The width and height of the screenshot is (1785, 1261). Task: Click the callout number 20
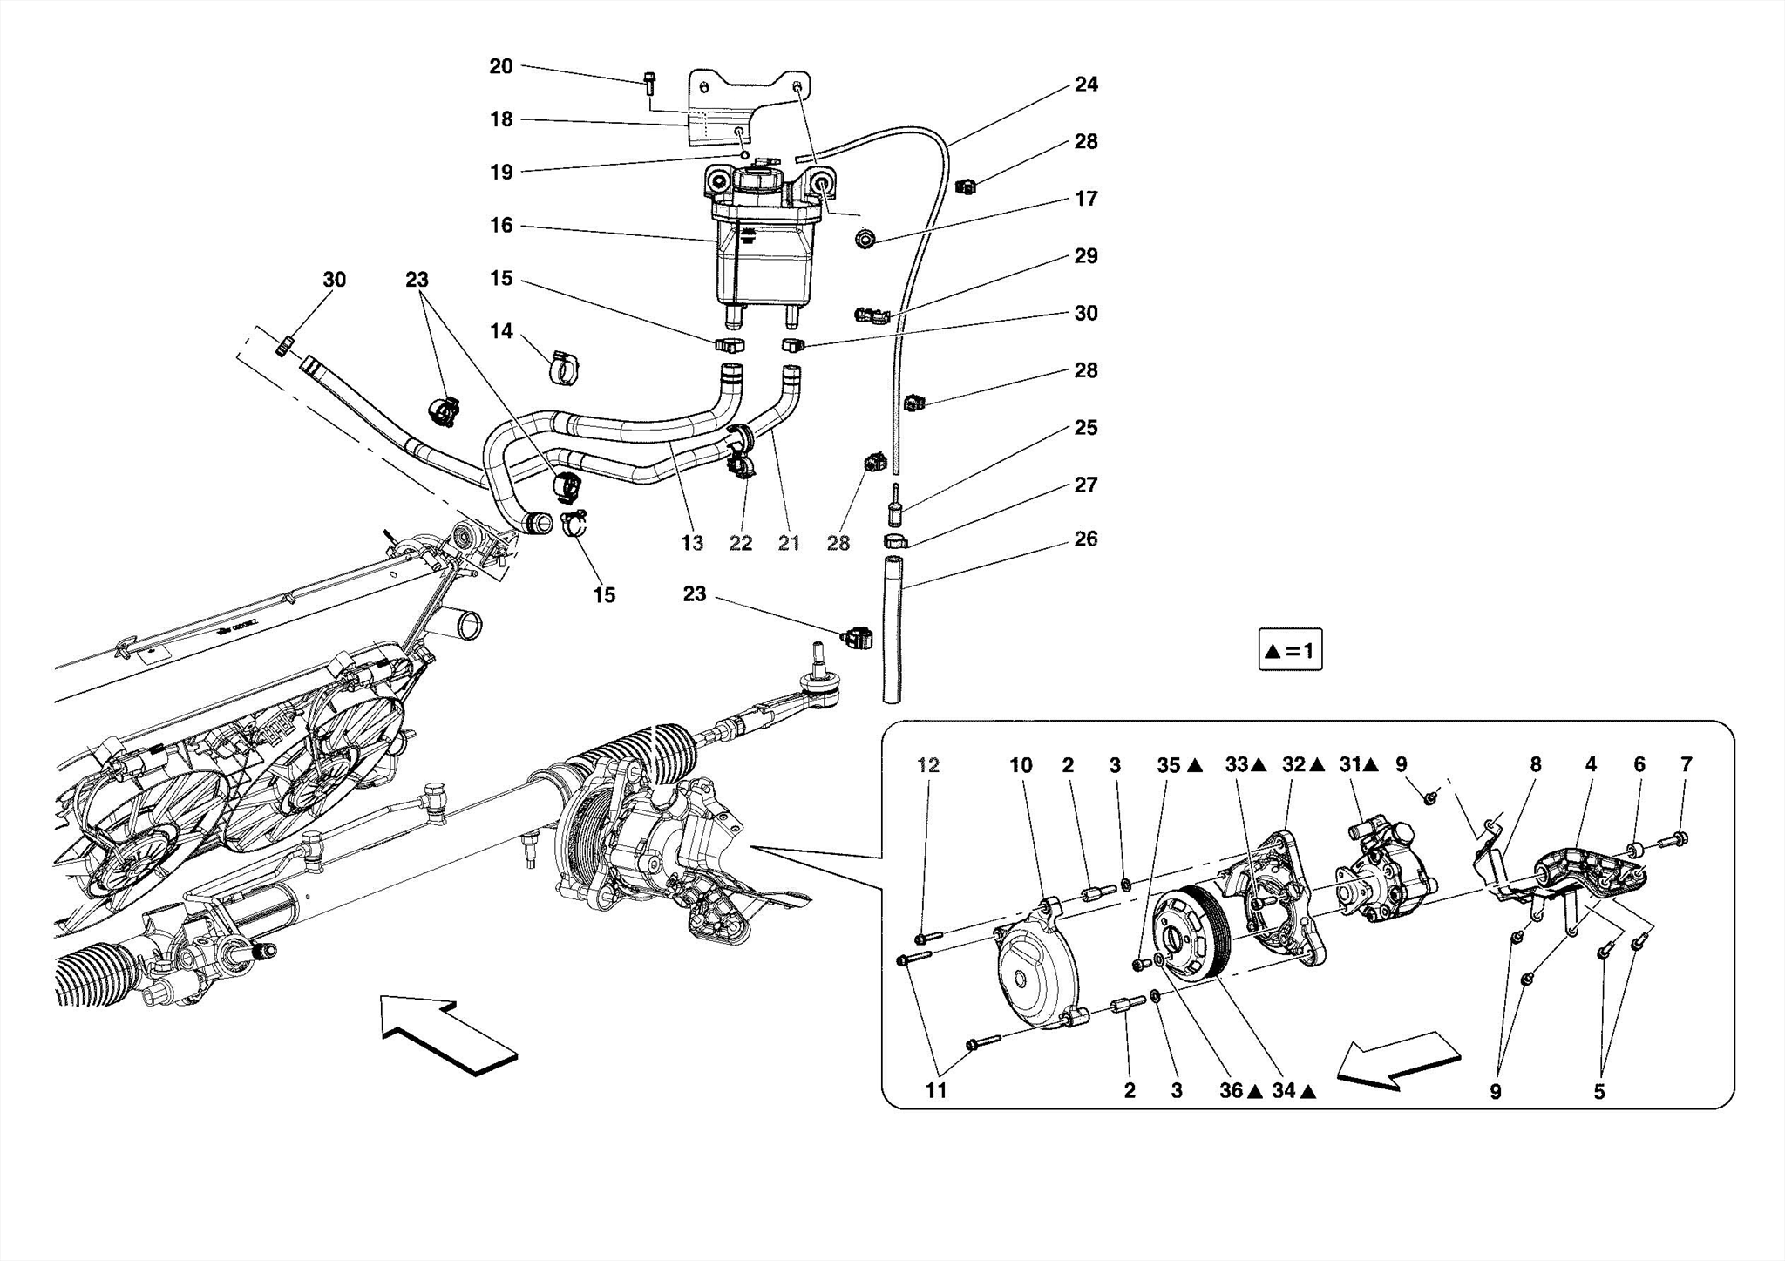point(500,66)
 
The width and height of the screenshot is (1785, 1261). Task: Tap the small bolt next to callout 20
point(649,83)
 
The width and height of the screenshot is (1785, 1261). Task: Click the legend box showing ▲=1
point(1290,650)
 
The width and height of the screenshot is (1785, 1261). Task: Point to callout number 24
point(1086,85)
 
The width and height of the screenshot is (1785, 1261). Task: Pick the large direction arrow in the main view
point(449,1034)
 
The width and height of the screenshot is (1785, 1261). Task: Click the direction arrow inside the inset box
point(1398,1058)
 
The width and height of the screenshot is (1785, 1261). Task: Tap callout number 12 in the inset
point(928,765)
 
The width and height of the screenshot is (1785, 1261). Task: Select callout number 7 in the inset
point(1686,764)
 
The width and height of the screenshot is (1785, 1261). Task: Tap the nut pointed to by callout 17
point(865,237)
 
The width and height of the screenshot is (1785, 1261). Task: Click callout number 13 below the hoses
point(691,544)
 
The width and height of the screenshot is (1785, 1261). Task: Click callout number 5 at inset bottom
point(1598,1092)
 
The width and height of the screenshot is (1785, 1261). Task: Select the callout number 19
point(500,172)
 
